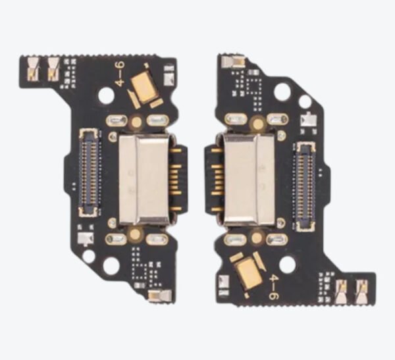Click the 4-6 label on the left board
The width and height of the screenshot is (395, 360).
pos(120,74)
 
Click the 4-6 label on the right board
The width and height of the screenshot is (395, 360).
pos(274,287)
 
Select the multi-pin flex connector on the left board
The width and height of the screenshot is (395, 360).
pos(89,172)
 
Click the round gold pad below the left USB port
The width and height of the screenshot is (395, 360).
pos(136,235)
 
